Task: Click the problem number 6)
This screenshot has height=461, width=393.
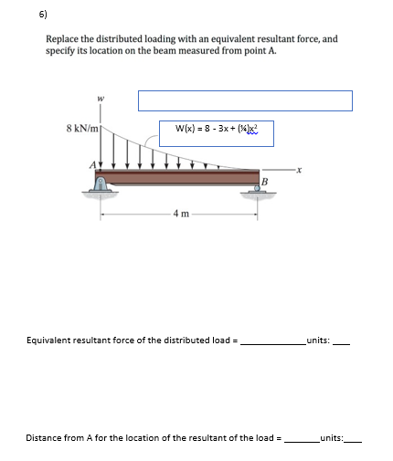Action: pos(17,15)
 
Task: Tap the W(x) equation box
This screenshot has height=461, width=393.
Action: pos(216,130)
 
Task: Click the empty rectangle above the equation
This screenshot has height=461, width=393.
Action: pos(245,100)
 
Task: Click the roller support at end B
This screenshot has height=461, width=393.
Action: pos(253,188)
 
